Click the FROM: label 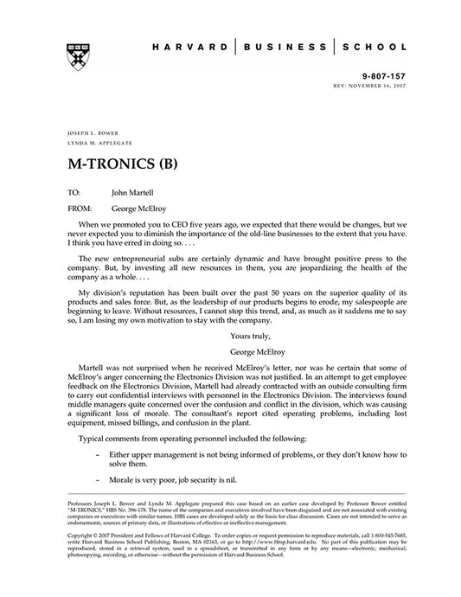pos(79,209)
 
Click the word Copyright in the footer pos(83,535)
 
